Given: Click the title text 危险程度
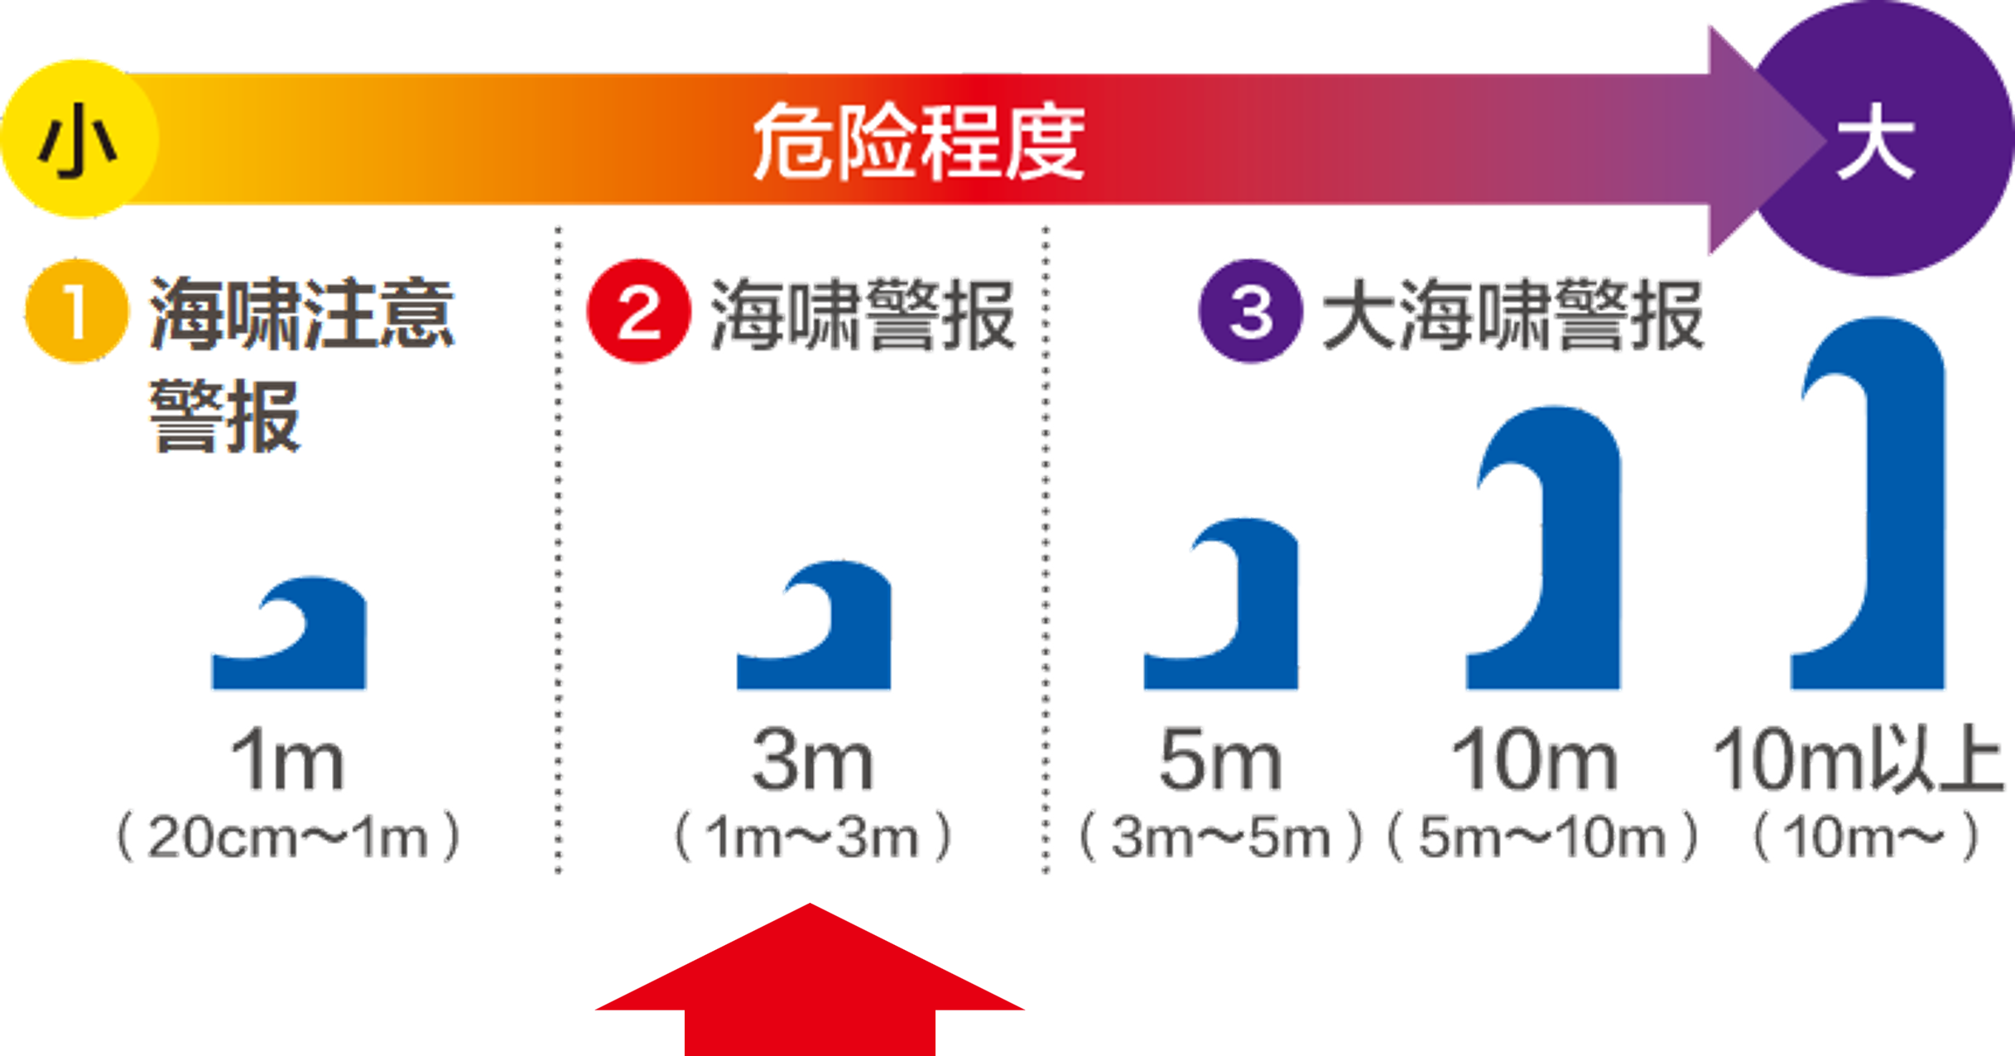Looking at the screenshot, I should point(919,142).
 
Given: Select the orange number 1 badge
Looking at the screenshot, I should point(77,311).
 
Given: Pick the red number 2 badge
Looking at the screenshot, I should point(638,311).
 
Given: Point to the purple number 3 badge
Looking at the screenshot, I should point(1251,311).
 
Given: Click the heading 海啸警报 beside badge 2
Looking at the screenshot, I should point(863,315).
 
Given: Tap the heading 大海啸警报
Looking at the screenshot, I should point(1512,315).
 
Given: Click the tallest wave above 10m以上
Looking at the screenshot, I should point(1871,505).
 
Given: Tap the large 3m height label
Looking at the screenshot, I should point(812,760).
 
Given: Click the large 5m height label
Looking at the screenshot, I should point(1219,760).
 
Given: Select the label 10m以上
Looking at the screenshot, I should point(1859,760).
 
